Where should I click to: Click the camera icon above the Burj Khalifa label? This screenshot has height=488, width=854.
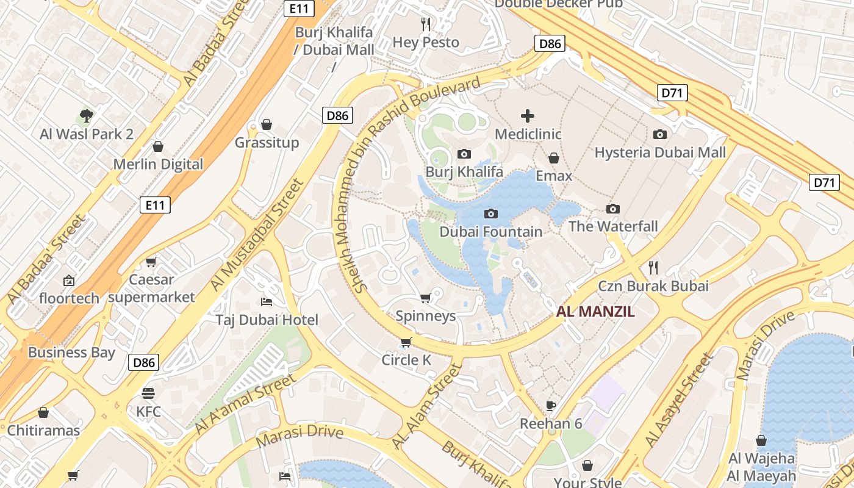[x=464, y=154]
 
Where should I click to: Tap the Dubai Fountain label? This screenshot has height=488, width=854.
[x=490, y=232]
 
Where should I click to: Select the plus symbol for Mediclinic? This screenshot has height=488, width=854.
[x=528, y=116]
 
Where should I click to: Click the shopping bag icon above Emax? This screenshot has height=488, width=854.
[x=554, y=158]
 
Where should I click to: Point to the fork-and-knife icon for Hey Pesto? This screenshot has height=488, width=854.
[x=426, y=24]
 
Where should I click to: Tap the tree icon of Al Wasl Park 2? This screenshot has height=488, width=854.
[x=87, y=116]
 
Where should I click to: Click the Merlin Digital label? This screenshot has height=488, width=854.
[x=158, y=164]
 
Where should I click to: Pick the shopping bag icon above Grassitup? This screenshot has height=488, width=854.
[x=267, y=124]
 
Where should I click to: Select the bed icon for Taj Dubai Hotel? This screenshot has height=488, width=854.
[x=267, y=301]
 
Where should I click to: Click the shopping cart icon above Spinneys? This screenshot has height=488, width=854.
[x=426, y=298]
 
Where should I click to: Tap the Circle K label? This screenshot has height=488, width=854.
[x=406, y=360]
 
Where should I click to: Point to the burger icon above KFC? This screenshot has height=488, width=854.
[x=148, y=393]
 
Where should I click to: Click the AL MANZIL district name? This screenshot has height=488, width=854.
[x=595, y=312]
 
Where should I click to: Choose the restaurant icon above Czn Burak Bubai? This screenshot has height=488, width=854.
[x=653, y=267]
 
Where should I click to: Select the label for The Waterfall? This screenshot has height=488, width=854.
[x=613, y=227]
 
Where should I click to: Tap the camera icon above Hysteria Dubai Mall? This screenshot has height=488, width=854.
[x=660, y=134]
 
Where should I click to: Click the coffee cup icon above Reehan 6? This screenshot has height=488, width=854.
[x=551, y=406]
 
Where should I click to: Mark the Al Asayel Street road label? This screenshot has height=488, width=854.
[x=678, y=400]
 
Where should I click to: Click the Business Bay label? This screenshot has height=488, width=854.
[x=71, y=353]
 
